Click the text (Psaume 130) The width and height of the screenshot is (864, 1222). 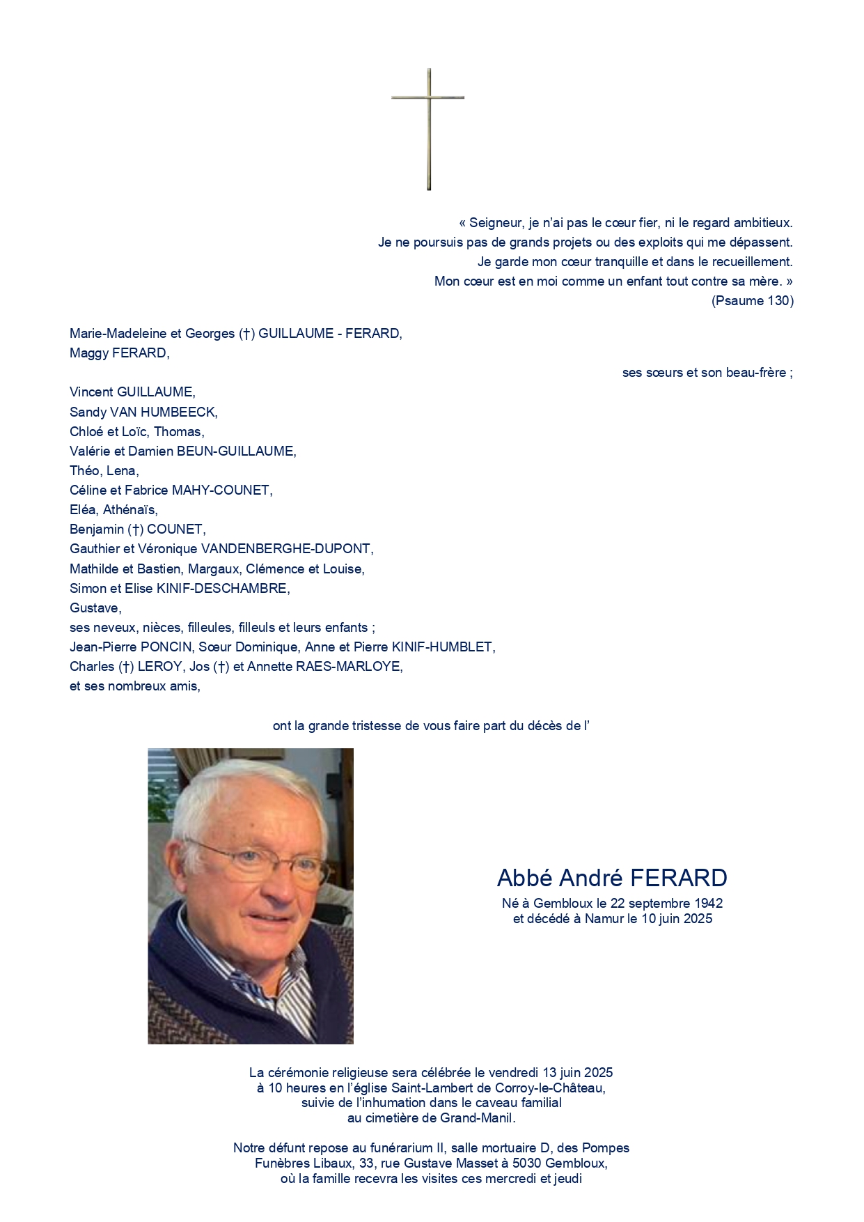point(752,301)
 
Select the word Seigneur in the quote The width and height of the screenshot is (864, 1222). point(496,223)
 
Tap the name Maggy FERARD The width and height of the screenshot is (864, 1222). point(119,353)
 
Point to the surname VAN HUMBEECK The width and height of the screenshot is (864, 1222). point(164,412)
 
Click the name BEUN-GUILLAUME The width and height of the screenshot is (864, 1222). point(236,451)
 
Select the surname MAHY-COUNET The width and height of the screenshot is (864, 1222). point(221,490)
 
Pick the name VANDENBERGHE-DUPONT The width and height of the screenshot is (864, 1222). point(286,549)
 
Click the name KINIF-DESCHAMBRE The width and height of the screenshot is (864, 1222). point(222,589)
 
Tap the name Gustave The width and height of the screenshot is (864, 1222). point(95,608)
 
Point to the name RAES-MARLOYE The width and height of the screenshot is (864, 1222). point(349,667)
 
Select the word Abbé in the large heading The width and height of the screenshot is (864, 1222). point(525,878)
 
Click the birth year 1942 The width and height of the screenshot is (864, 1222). point(708,904)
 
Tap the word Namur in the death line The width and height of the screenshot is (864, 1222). point(604,919)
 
